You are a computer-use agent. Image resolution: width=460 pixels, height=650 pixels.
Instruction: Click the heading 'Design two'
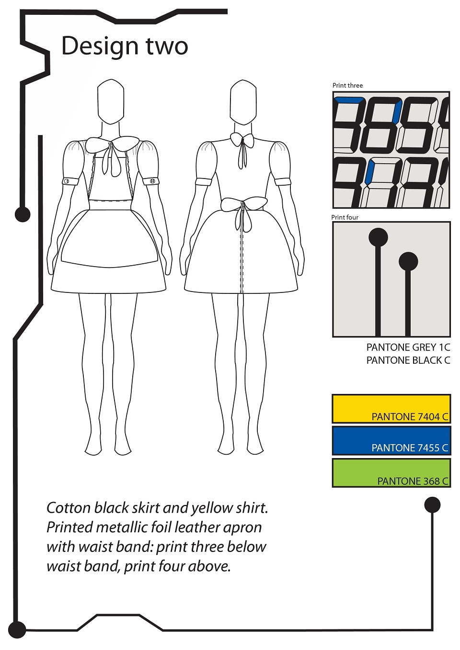(125, 46)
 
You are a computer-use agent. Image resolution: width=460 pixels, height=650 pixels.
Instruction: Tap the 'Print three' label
(347, 85)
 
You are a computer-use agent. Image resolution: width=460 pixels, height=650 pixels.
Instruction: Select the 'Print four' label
(345, 217)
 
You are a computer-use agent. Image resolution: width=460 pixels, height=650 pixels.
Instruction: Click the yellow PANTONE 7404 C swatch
(391, 409)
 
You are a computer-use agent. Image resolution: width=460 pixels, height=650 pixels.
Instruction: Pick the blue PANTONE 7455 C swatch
(391, 440)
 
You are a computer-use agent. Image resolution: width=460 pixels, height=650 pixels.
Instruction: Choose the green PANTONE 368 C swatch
(391, 473)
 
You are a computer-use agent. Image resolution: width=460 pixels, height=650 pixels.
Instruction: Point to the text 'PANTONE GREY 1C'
(408, 347)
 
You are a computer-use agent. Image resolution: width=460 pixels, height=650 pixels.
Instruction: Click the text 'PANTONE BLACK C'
(408, 360)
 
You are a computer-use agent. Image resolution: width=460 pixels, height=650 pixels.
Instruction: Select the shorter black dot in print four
(408, 261)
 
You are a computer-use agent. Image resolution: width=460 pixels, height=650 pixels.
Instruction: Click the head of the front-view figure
(111, 101)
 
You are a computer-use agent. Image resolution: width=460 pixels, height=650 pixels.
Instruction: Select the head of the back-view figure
(243, 101)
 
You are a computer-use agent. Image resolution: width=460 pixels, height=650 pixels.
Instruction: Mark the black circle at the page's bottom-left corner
(17, 630)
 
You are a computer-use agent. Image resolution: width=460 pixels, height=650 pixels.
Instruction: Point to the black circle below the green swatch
(432, 505)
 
